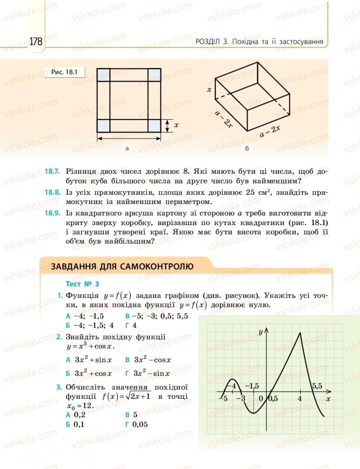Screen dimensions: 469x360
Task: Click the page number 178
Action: point(36,41)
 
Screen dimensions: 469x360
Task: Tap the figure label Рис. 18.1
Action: point(65,72)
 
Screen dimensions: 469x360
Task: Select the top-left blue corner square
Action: point(103,74)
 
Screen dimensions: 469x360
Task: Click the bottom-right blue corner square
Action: point(154,126)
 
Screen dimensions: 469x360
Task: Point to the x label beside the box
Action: point(209,90)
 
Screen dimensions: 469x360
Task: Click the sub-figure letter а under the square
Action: point(127,148)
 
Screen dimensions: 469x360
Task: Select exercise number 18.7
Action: point(52,171)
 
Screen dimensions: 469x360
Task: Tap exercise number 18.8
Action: point(52,192)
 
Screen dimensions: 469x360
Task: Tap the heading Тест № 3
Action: point(82,284)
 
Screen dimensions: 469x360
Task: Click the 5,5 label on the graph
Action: point(317,386)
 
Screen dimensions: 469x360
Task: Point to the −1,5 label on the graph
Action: point(251,386)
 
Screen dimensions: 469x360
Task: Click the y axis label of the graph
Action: point(261,332)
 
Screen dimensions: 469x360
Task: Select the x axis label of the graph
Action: point(328,399)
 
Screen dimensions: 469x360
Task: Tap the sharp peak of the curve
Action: point(300,333)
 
